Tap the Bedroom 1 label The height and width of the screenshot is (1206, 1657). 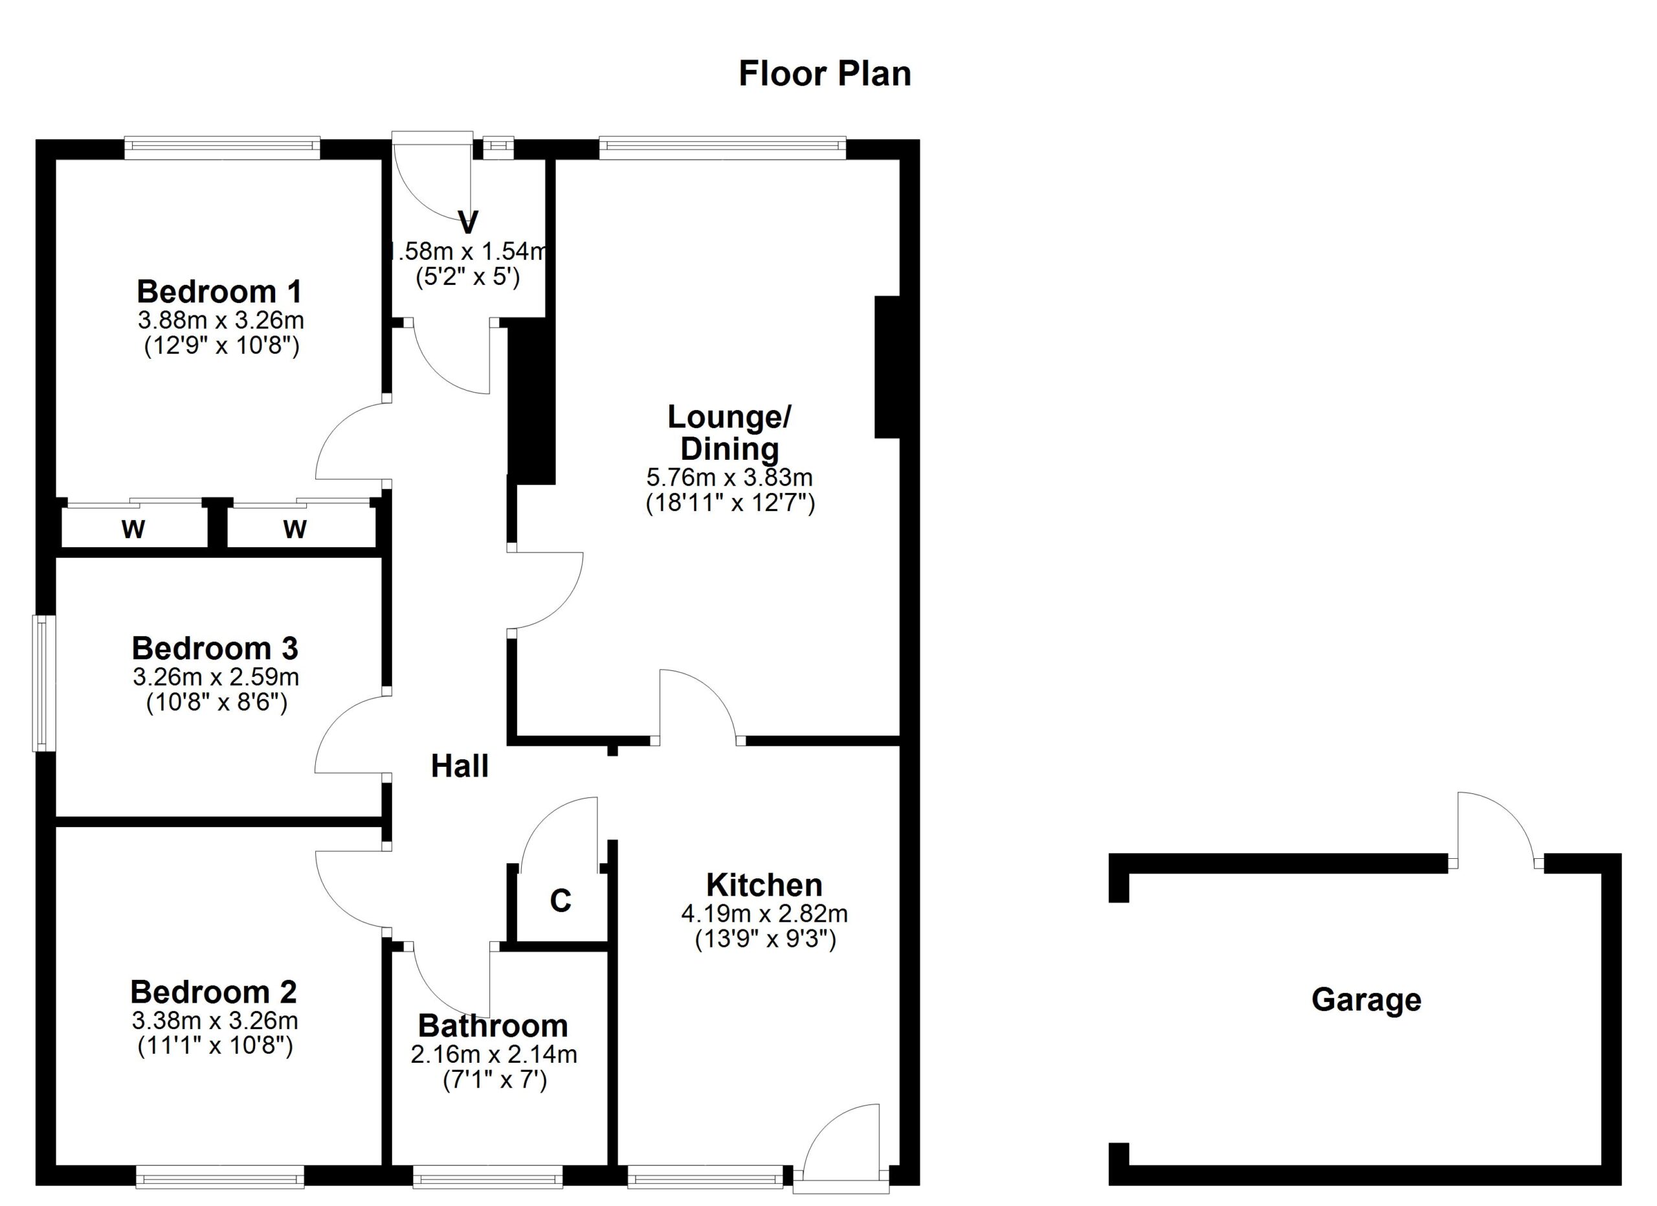219,291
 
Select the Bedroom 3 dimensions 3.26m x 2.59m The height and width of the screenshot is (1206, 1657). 216,677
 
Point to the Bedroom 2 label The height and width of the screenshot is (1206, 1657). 214,992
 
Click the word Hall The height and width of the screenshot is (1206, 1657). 460,766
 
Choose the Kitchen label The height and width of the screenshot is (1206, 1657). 764,885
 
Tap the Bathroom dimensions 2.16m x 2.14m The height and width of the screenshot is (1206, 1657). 494,1054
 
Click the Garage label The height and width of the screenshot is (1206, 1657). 1366,1000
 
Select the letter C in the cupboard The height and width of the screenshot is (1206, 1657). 561,901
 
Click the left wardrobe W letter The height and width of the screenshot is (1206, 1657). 133,529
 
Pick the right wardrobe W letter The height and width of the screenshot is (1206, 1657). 295,529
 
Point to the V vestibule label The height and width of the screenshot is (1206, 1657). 467,222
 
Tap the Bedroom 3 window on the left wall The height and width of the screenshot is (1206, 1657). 44,683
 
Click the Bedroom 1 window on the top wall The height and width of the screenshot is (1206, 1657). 222,148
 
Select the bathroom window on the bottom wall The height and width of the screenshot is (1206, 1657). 487,1176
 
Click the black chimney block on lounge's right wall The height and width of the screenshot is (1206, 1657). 887,367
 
